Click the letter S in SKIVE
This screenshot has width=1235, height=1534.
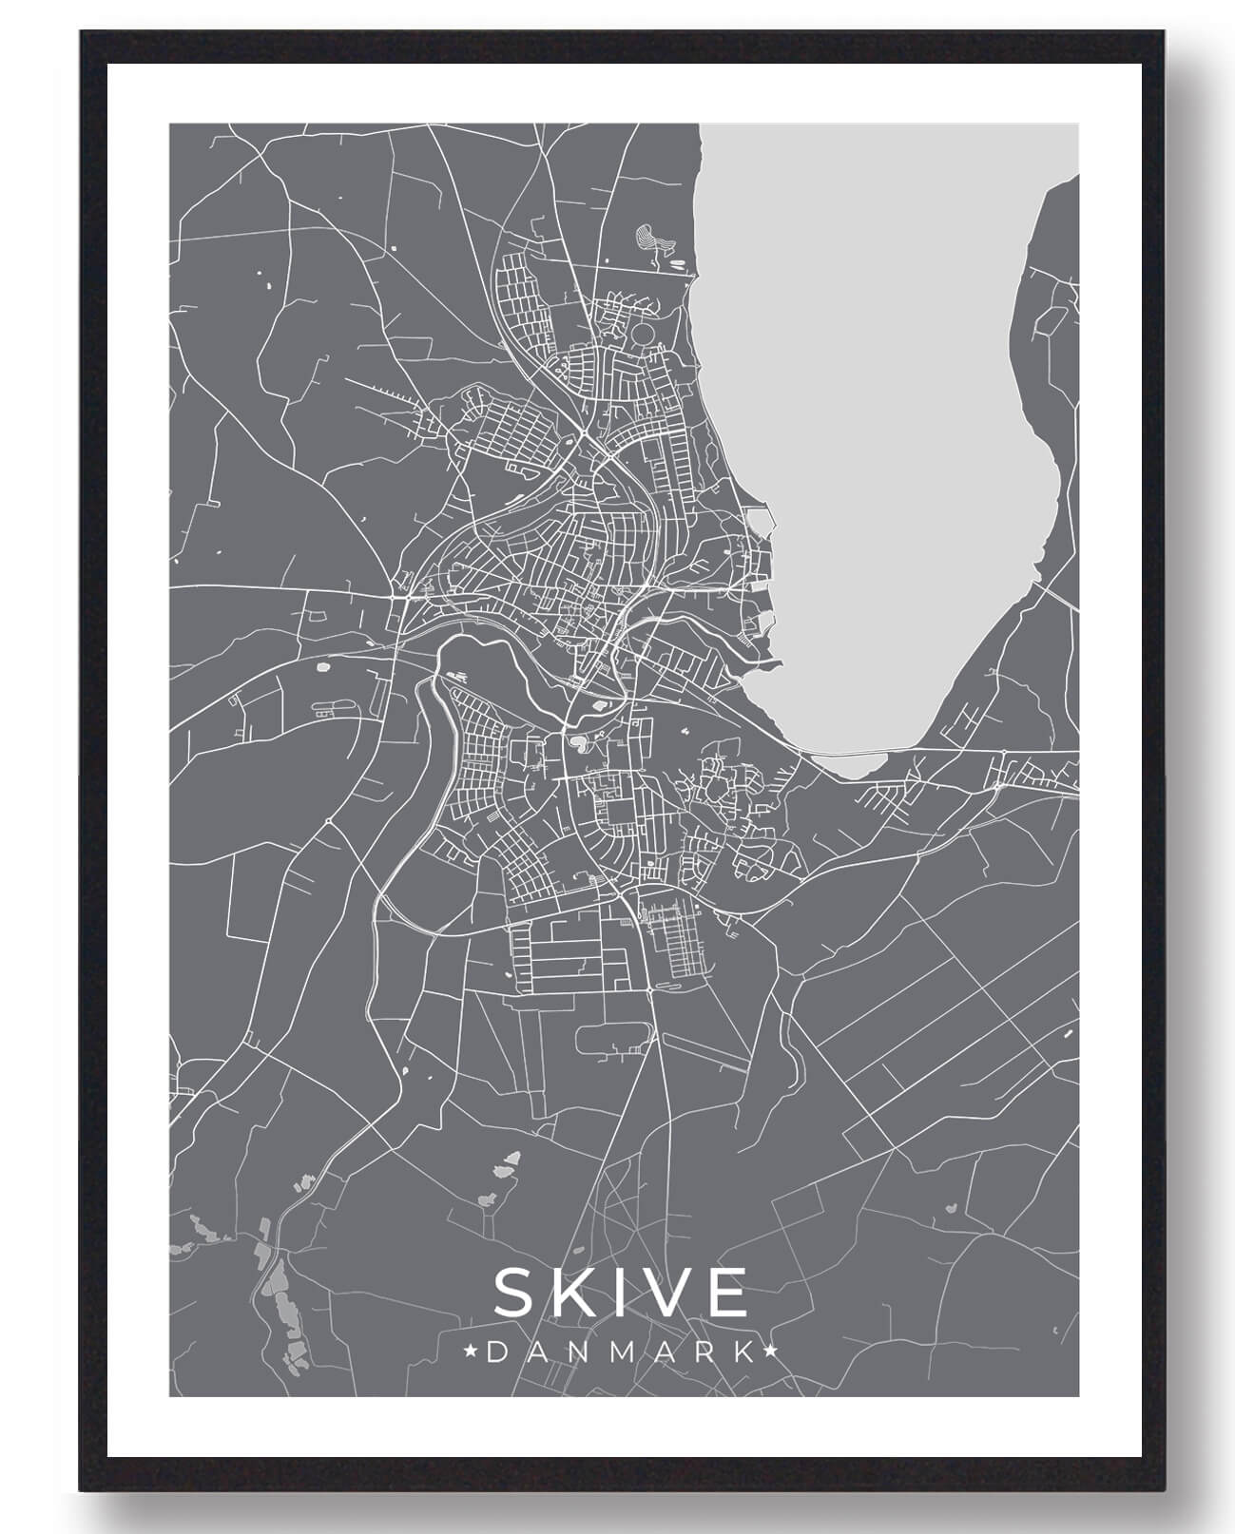coord(516,1293)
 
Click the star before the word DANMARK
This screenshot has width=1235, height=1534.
coord(470,1351)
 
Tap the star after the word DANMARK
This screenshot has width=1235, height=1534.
coord(771,1351)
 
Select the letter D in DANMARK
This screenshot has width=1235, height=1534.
coord(496,1352)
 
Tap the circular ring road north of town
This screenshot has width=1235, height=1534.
coord(644,334)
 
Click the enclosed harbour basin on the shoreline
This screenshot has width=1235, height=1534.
coord(760,520)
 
